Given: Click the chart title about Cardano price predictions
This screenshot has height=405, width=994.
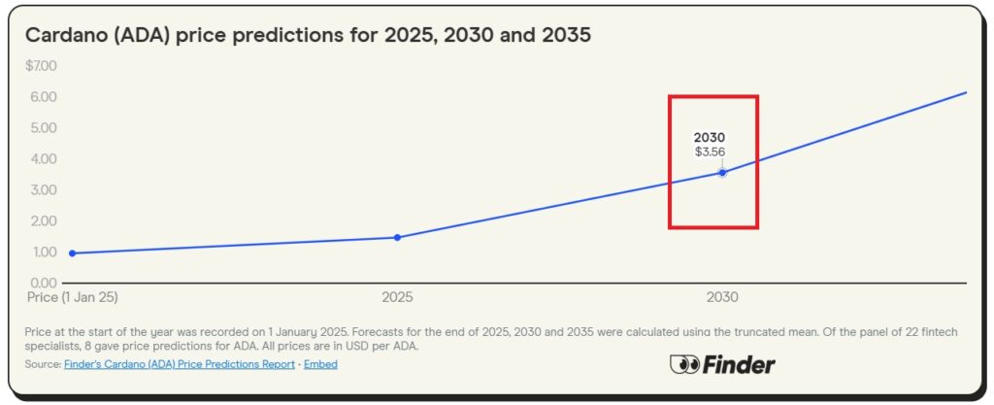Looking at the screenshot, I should (308, 35).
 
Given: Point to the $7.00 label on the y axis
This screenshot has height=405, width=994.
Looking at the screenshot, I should (42, 66).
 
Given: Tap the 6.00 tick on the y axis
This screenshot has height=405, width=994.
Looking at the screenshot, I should (44, 97).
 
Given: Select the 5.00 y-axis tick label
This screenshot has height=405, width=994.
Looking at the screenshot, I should (44, 128).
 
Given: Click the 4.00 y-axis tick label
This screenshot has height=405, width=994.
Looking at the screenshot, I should (44, 158).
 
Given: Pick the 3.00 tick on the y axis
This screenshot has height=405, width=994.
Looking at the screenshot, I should (44, 189).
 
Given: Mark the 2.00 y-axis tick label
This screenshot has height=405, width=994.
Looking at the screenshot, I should (44, 220).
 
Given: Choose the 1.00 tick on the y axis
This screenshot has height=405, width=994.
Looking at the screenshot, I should (44, 252).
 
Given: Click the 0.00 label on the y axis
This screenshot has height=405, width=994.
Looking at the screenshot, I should (44, 283).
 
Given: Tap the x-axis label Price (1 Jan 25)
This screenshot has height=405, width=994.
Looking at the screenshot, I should (73, 297).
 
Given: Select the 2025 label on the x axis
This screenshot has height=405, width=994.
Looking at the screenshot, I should (397, 297).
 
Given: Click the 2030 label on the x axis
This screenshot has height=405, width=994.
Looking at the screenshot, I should (722, 297).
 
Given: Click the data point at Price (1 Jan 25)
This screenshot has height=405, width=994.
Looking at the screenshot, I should (73, 253).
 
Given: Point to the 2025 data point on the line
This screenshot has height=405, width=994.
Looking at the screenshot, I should (397, 237).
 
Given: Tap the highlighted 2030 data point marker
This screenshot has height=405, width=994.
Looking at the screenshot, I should (722, 173).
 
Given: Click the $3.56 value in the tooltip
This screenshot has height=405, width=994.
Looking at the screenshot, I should (710, 152).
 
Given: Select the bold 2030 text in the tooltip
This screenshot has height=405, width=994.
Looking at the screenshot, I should (710, 137).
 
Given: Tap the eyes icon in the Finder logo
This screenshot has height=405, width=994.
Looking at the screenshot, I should (684, 365).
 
